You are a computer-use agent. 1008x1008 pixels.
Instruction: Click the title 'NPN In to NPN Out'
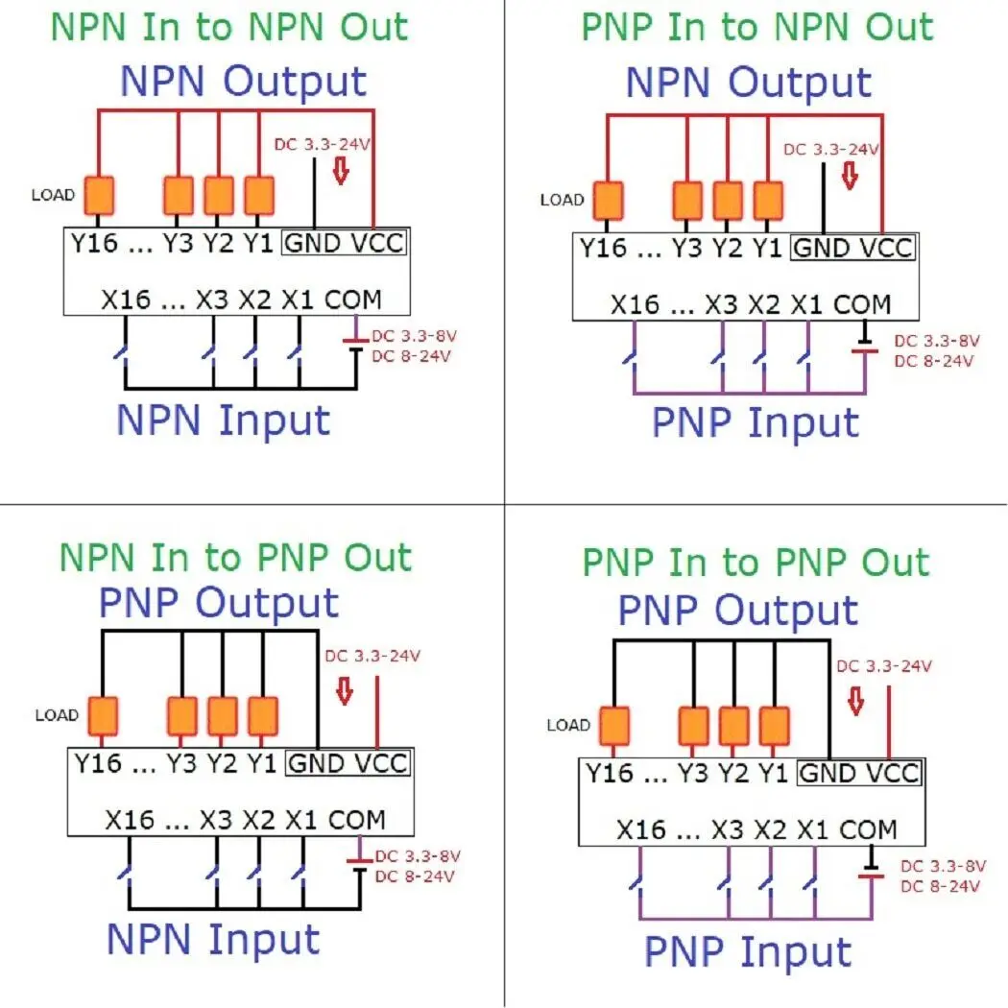click(x=228, y=27)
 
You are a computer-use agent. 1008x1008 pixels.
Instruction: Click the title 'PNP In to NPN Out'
click(x=757, y=27)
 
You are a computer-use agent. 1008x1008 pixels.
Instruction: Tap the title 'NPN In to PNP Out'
click(x=235, y=557)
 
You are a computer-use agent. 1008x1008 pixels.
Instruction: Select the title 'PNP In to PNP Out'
click(x=756, y=563)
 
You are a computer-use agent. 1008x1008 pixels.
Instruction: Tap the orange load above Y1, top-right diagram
click(x=768, y=202)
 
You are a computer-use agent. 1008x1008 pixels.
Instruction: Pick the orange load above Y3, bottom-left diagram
click(x=182, y=716)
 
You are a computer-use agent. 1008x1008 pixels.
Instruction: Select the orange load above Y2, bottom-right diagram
click(x=734, y=725)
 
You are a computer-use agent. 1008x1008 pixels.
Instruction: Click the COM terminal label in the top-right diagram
click(x=862, y=305)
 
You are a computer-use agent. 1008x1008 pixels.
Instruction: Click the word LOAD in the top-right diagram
click(x=562, y=201)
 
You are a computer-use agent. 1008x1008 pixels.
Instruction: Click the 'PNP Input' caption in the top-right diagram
click(x=756, y=422)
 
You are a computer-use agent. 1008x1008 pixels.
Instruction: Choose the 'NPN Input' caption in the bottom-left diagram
click(x=213, y=939)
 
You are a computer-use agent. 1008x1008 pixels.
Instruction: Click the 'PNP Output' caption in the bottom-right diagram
click(x=737, y=611)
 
